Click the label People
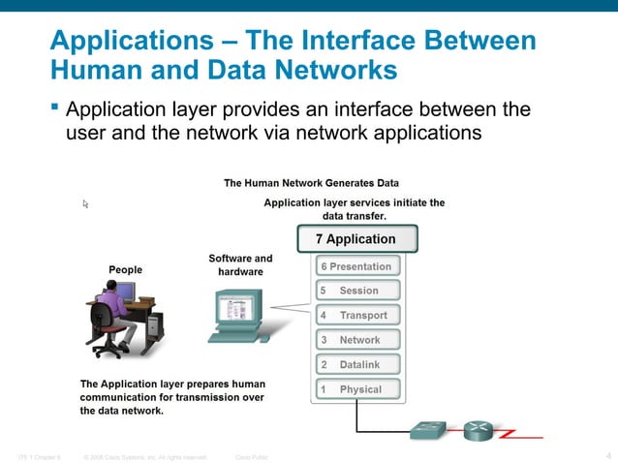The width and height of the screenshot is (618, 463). [x=125, y=269]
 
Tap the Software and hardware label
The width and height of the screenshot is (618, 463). [x=240, y=265]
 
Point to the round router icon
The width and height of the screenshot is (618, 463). [x=479, y=430]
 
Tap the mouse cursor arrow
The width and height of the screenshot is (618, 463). [x=85, y=204]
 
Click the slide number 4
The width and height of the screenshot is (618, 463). [x=607, y=455]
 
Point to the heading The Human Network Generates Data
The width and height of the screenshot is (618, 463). [x=311, y=182]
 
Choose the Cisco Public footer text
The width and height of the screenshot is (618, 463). [x=252, y=456]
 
